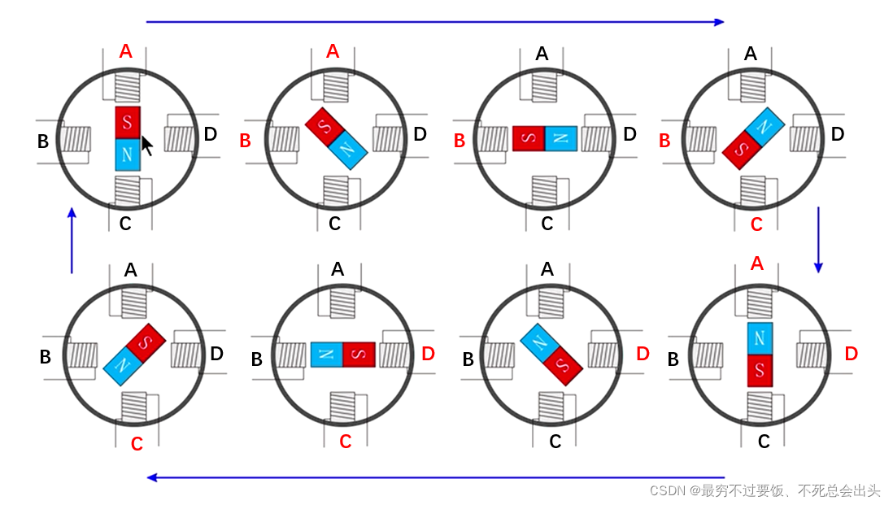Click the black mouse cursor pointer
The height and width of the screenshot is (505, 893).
pyautogui.click(x=147, y=145)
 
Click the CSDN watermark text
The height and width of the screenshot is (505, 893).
pyautogui.click(x=764, y=490)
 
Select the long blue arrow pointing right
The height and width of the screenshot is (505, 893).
pyautogui.click(x=434, y=22)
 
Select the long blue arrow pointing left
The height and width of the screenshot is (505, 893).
pyautogui.click(x=434, y=477)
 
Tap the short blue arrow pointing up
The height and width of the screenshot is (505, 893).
pyautogui.click(x=72, y=240)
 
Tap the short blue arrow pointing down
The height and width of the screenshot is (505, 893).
pyautogui.click(x=818, y=240)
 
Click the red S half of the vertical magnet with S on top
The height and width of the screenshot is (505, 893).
pyautogui.click(x=128, y=122)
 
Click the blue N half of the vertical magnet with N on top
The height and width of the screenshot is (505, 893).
pyautogui.click(x=760, y=337)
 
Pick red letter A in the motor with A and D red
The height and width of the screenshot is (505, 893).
pyautogui.click(x=757, y=263)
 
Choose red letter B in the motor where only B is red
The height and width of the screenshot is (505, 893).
pyautogui.click(x=460, y=141)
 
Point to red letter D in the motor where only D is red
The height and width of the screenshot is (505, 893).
pyautogui.click(x=643, y=354)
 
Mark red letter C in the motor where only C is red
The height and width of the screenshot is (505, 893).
pyautogui.click(x=137, y=443)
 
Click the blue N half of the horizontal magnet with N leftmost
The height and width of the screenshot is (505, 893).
pyautogui.click(x=327, y=355)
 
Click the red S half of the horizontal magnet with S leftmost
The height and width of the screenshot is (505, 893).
pyautogui.click(x=529, y=138)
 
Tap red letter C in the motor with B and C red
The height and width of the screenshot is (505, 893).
pyautogui.click(x=756, y=224)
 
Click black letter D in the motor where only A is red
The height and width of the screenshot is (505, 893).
pyautogui.click(x=211, y=134)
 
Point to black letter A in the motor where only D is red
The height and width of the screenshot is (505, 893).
pyautogui.click(x=547, y=269)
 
